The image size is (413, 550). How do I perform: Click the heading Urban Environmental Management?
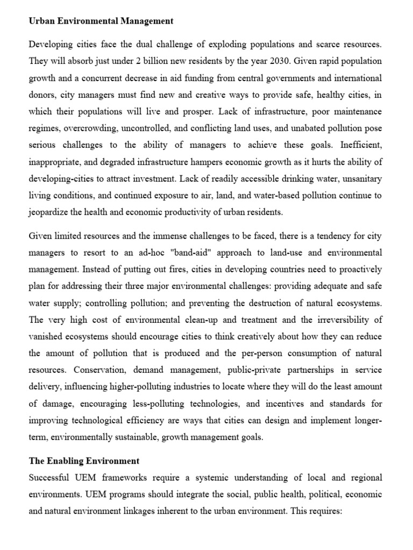[101, 21]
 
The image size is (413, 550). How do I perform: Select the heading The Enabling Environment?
[84, 461]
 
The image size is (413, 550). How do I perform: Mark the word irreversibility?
[352, 320]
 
